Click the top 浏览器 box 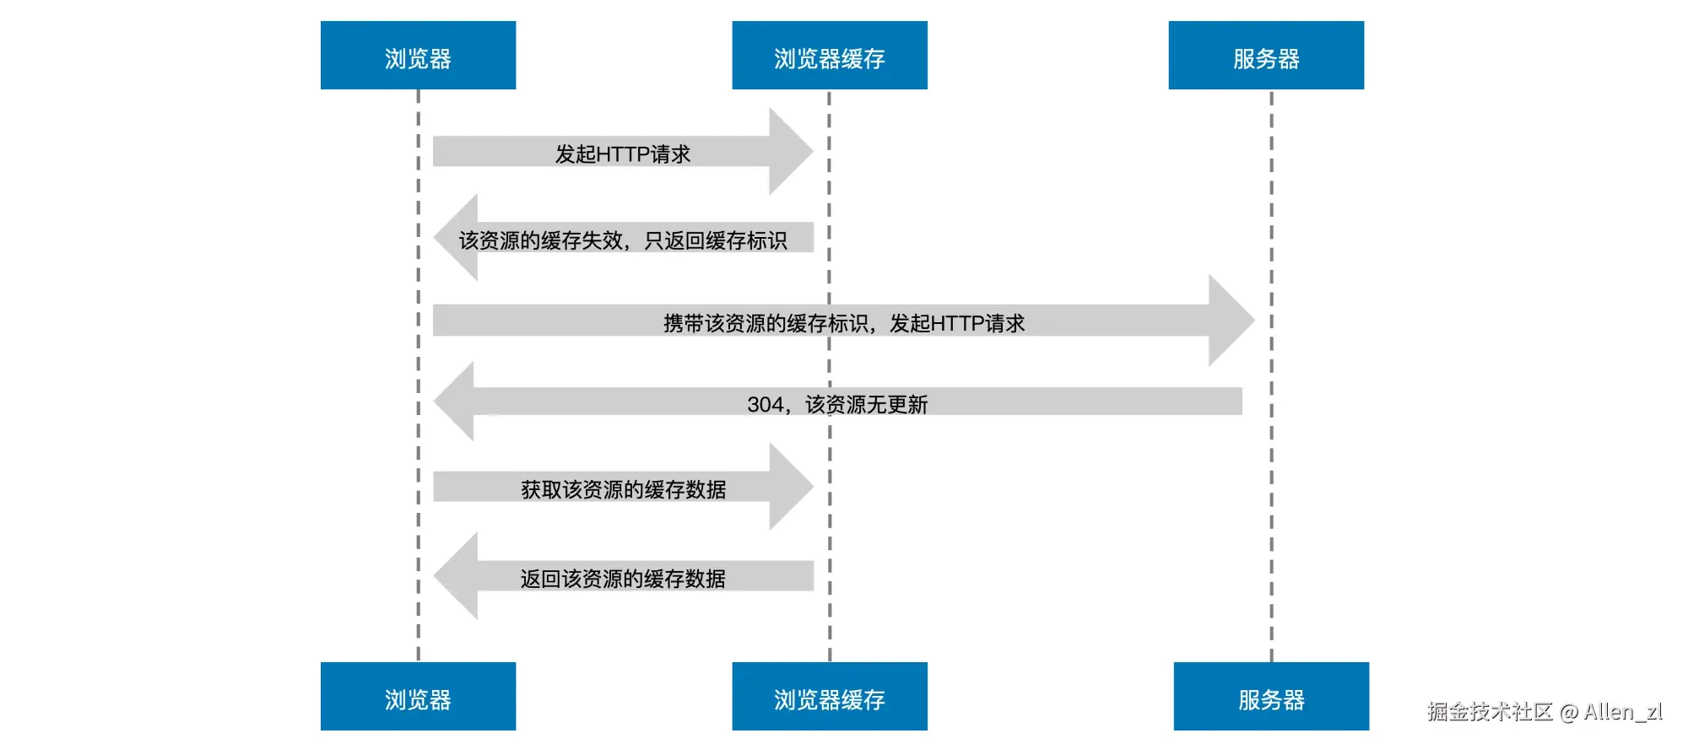(418, 56)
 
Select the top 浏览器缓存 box (830, 56)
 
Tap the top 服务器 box (1266, 56)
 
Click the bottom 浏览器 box (418, 696)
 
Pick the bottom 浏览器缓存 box (830, 696)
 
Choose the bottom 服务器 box (1271, 696)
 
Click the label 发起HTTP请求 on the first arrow (623, 154)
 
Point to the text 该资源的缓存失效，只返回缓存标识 (623, 240)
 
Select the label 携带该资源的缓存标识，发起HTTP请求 (844, 323)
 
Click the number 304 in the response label (765, 405)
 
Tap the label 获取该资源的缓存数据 (623, 489)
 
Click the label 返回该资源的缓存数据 (623, 579)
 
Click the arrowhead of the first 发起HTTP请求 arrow (791, 152)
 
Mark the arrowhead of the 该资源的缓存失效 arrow (456, 237)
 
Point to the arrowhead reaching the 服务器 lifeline (1231, 321)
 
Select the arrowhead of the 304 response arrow (454, 402)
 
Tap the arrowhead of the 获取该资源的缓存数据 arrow (791, 487)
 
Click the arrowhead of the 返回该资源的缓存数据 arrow (456, 576)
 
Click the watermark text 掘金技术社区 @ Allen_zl (1545, 712)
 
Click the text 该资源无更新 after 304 (867, 405)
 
